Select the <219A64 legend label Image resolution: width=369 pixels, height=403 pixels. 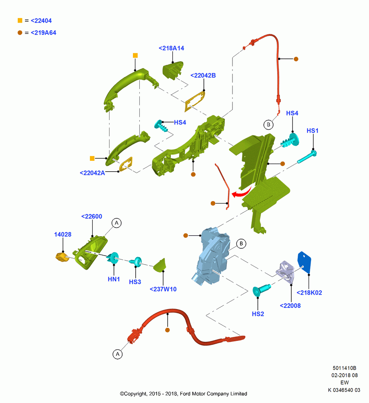point(44,33)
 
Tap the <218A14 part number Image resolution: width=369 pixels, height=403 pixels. point(171,48)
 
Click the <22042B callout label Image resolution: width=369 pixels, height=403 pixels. point(203,75)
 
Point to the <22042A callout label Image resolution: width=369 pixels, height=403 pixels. point(92,173)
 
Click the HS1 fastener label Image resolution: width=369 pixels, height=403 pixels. point(313,131)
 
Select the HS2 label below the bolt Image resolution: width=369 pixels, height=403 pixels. point(258,314)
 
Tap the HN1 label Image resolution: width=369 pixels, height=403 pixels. point(114,279)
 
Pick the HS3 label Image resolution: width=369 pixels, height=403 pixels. point(135,282)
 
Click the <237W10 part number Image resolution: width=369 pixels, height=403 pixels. point(163,289)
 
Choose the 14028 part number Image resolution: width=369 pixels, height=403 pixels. point(63,235)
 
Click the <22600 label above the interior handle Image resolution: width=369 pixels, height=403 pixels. point(92,216)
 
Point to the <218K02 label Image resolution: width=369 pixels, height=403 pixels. point(309,293)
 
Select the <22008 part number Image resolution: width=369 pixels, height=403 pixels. point(290,305)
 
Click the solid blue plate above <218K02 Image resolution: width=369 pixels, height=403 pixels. point(305,262)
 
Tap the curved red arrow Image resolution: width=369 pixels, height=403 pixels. point(242,193)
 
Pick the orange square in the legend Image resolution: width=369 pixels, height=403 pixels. point(20,21)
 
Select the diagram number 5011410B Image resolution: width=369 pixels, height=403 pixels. point(344,368)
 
